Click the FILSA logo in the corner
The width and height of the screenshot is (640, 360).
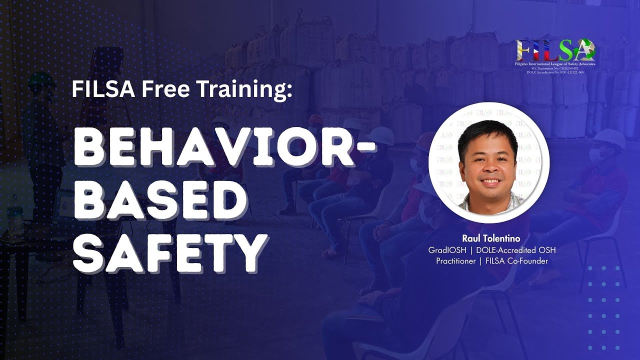[555, 53]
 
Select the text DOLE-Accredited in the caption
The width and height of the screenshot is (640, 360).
[505, 249]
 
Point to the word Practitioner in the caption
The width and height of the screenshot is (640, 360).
[455, 260]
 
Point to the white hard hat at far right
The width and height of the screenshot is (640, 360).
[609, 138]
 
